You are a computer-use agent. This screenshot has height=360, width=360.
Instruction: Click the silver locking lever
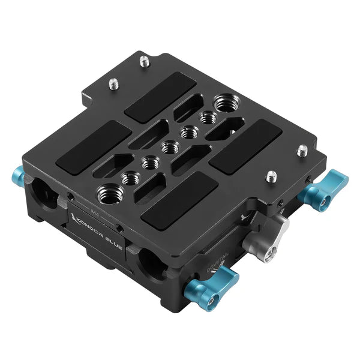pos(277,228)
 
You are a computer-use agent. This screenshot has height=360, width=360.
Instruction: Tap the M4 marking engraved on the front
pos(94,211)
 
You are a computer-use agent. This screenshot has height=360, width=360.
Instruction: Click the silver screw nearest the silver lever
pos(272,176)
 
